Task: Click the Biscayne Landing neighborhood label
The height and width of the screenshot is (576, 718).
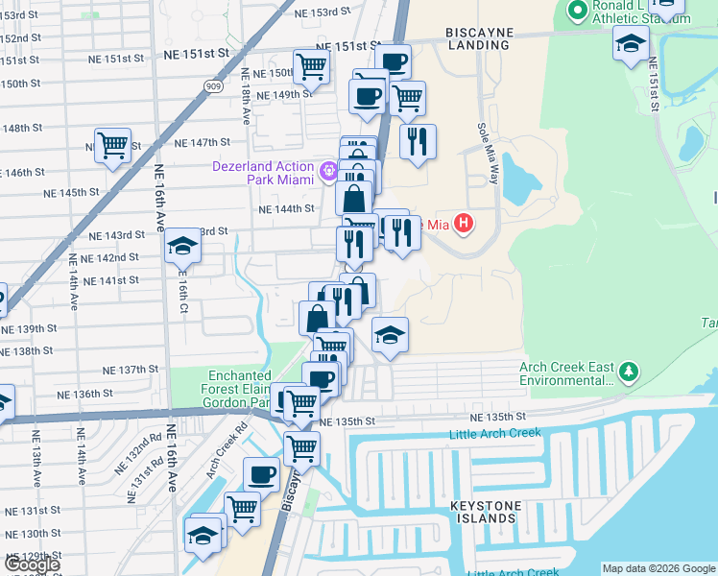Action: coord(479,39)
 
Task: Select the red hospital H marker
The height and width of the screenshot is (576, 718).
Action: coord(464,225)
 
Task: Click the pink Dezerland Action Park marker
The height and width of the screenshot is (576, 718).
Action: coord(329,171)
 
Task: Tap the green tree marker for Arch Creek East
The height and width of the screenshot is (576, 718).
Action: coord(628,371)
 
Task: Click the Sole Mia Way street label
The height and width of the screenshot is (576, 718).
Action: coord(488,153)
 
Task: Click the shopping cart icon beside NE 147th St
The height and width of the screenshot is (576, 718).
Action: coord(113,145)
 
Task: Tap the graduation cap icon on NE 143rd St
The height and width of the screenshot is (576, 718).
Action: coord(181,248)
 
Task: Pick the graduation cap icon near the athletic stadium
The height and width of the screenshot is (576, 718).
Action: coord(632,43)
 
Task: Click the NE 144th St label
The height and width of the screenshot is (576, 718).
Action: coord(288,208)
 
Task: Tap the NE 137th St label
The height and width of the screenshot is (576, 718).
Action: coord(131,370)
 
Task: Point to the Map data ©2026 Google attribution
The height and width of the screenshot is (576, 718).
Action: coord(658,568)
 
